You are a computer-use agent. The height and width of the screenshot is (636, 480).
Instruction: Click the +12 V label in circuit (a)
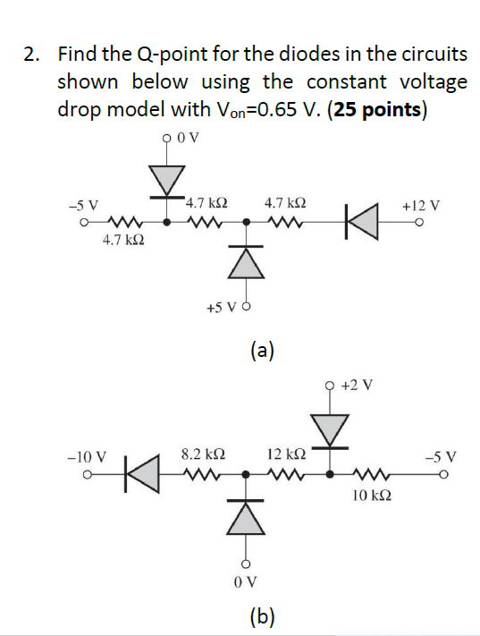(x=420, y=205)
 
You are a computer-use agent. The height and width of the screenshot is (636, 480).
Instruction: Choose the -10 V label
(x=88, y=455)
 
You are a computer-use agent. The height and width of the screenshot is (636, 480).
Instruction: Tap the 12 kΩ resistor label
(x=284, y=454)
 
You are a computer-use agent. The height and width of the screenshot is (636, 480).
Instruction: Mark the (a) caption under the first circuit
(x=263, y=351)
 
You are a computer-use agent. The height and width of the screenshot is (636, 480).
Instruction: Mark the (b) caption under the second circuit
(x=263, y=615)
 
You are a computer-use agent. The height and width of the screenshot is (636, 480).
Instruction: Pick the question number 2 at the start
(x=30, y=55)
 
